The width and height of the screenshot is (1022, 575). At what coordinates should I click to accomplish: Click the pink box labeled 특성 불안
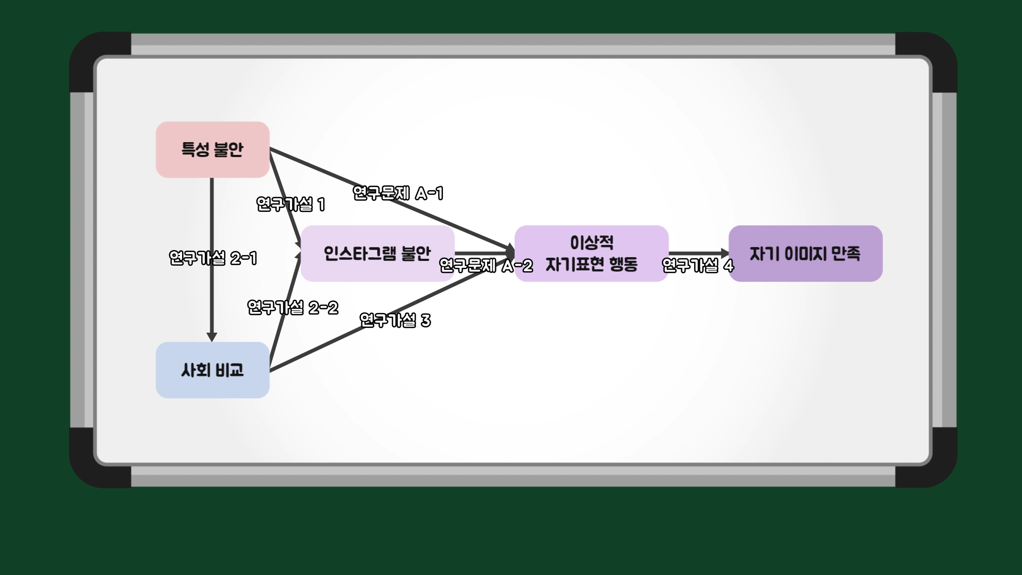coord(212,150)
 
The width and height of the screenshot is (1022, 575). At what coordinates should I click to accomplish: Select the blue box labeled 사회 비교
coord(212,370)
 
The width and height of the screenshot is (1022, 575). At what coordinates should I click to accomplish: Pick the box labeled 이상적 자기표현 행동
coord(591,253)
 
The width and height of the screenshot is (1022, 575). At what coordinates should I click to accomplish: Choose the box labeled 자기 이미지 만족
coord(805,253)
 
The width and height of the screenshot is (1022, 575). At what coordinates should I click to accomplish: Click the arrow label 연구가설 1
coord(291,204)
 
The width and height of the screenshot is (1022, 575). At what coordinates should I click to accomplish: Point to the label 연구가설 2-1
coord(213,258)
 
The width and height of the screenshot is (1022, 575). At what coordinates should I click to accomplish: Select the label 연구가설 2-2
coord(293,308)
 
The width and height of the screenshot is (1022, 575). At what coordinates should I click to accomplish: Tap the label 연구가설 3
coord(395,320)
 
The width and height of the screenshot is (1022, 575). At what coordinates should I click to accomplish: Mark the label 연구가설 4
coord(698,265)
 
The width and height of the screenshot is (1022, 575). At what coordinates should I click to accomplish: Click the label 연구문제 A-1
coord(398,193)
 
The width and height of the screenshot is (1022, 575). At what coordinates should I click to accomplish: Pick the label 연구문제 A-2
coord(486,265)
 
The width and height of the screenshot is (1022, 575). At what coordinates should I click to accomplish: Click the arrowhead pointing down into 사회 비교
coord(212,337)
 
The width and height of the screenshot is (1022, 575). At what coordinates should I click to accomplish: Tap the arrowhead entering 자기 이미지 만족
coord(724,253)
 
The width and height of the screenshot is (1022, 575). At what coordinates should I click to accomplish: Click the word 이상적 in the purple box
coord(591,243)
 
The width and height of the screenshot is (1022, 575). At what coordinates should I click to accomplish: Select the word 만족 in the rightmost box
coord(846,253)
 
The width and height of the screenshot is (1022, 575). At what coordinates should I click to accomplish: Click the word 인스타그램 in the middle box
coord(360,253)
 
